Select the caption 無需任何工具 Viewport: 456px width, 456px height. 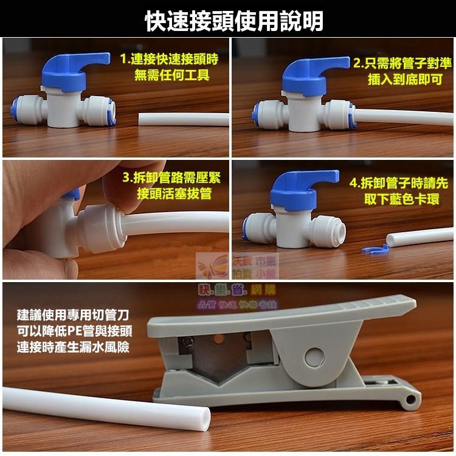click(x=171, y=76)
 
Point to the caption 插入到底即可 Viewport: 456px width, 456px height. click(x=405, y=79)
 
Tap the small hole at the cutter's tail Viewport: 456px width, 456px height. click(x=414, y=398)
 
